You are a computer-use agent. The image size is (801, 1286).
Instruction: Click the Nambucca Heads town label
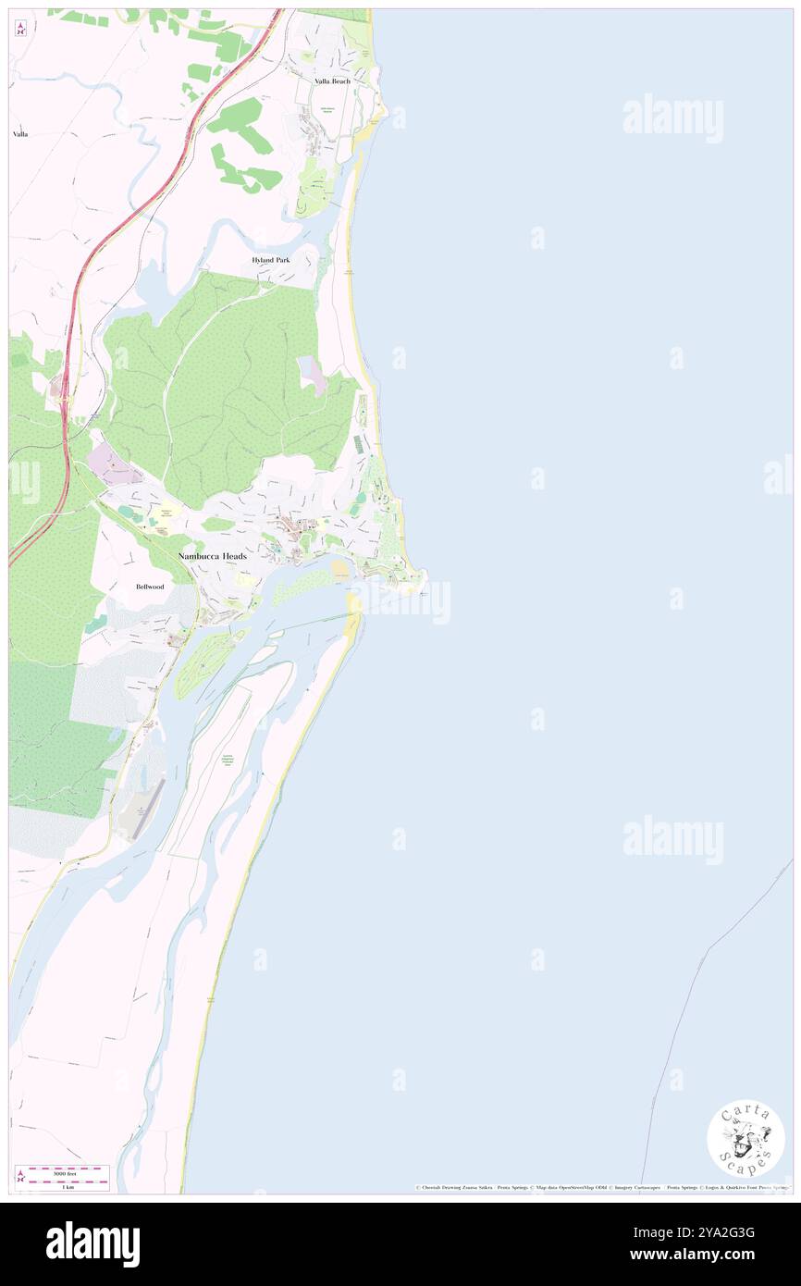tap(212, 554)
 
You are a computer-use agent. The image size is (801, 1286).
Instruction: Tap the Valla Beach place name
tap(330, 81)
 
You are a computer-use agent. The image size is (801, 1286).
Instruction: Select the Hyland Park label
tap(271, 260)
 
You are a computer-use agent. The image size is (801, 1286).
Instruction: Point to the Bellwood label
tap(149, 587)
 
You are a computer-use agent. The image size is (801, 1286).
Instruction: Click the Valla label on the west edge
tap(20, 134)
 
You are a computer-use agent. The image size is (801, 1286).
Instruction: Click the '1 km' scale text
tap(68, 1186)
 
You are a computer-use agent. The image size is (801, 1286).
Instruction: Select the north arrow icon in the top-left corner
tap(20, 29)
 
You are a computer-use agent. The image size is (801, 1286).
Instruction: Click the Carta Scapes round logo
tap(746, 1140)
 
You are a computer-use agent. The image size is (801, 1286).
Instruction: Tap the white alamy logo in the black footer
tap(92, 1243)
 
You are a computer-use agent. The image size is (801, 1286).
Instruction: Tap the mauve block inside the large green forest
tap(312, 374)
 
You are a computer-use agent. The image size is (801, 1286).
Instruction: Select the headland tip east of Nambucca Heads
tap(424, 580)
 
